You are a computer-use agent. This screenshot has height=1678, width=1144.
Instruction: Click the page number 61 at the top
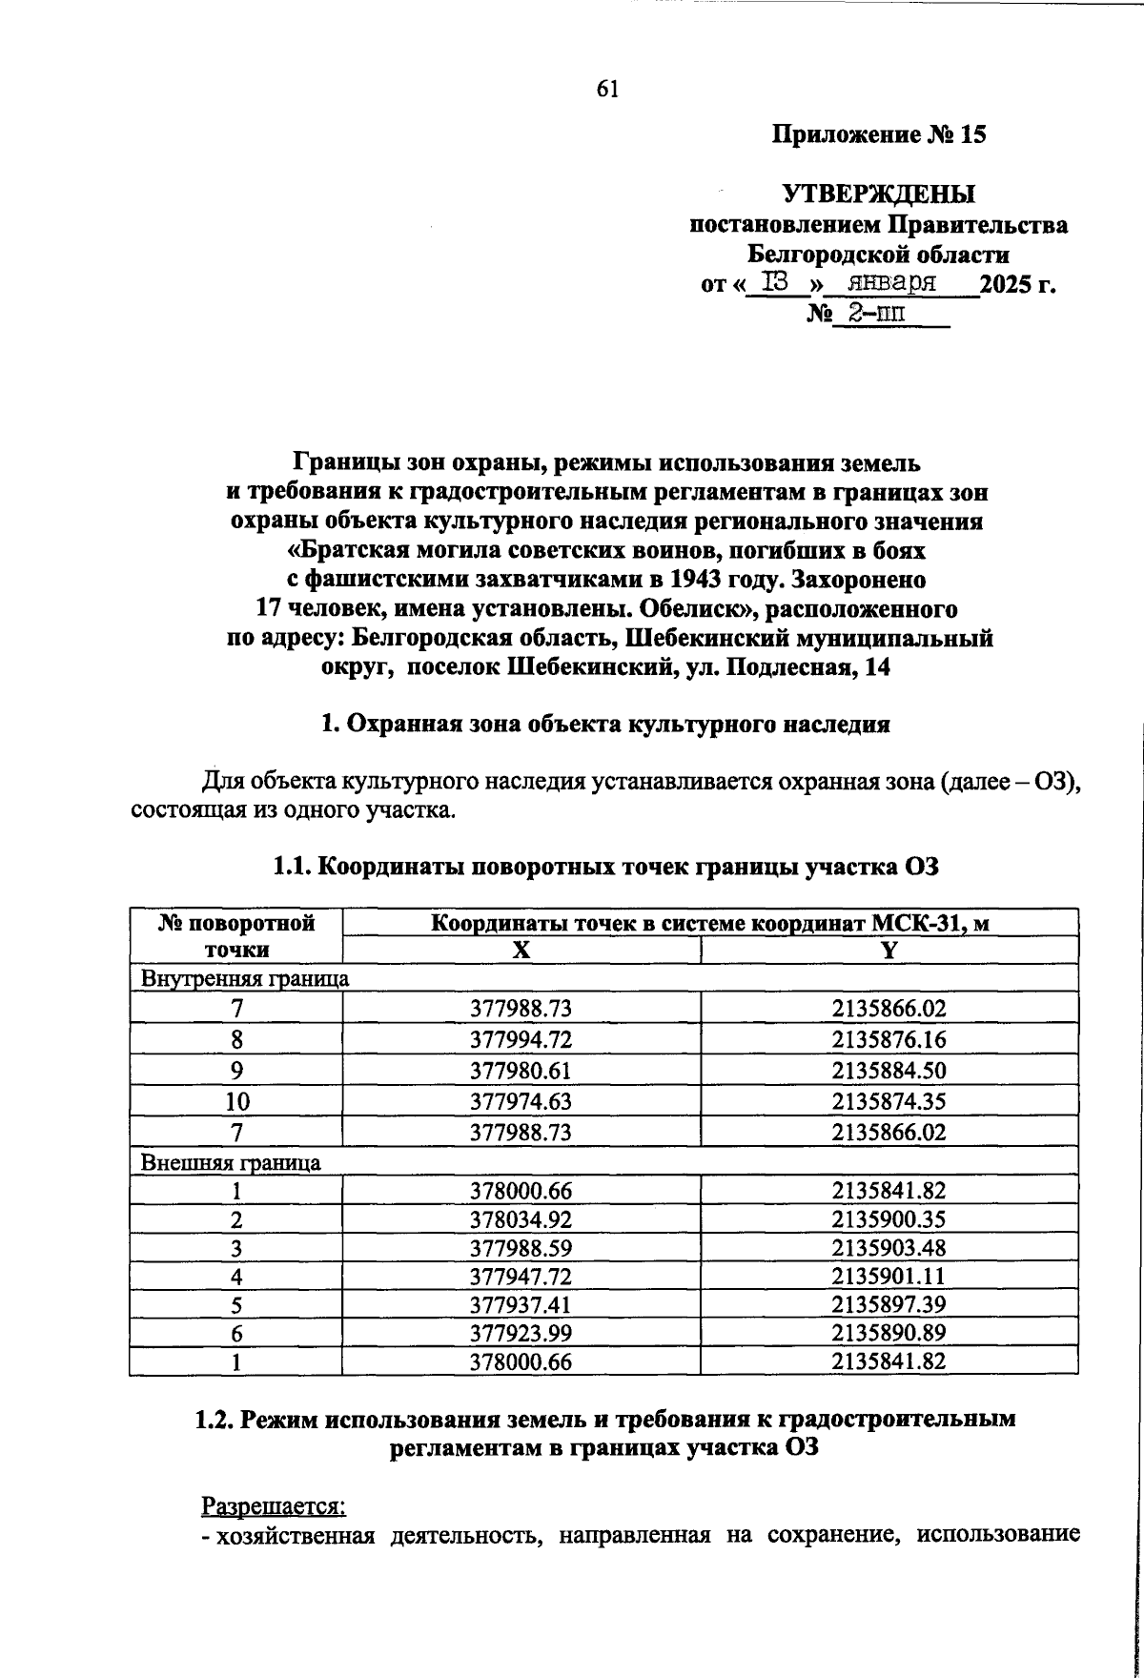pyautogui.click(x=608, y=89)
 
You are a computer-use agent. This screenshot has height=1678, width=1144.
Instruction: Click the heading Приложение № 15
pyautogui.click(x=877, y=135)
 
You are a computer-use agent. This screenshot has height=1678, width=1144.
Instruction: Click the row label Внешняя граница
pyautogui.click(x=231, y=1162)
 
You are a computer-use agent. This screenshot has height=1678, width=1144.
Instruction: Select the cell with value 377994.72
pyautogui.click(x=521, y=1039)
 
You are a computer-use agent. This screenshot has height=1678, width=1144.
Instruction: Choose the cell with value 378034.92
pyautogui.click(x=521, y=1219)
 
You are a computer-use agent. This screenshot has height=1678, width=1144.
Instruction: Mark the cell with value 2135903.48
pyautogui.click(x=889, y=1248)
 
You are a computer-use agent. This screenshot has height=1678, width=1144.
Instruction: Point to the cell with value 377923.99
pyautogui.click(x=521, y=1334)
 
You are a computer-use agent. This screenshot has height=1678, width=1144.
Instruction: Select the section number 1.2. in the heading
pyautogui.click(x=215, y=1419)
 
